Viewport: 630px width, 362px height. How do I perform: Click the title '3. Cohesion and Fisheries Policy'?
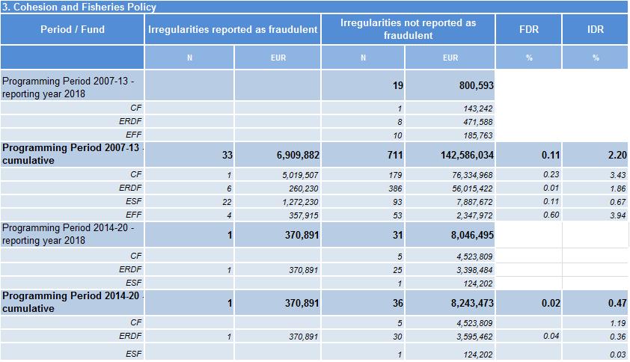tap(79, 7)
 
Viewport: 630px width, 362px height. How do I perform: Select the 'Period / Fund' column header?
tap(73, 30)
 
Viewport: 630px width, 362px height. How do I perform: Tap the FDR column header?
tap(528, 30)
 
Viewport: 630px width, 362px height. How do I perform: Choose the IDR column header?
tap(596, 30)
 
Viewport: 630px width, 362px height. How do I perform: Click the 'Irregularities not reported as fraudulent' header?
tap(408, 29)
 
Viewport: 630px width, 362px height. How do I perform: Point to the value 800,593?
tap(476, 86)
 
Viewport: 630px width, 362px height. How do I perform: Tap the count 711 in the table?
tap(394, 156)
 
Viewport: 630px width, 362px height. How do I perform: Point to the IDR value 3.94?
tap(618, 215)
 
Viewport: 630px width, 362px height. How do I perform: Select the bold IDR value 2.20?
tap(617, 156)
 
